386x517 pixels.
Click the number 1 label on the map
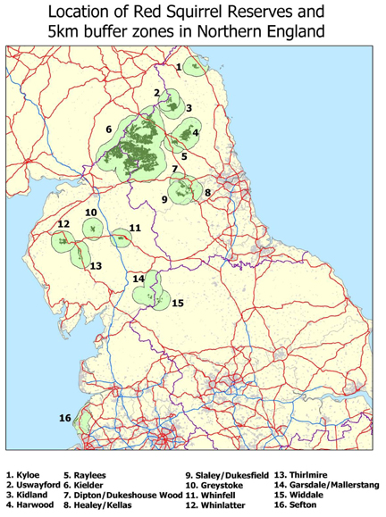click(x=179, y=67)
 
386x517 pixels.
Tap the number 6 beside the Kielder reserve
click(x=108, y=129)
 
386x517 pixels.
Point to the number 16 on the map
click(x=64, y=418)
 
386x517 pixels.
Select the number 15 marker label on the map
click(x=178, y=304)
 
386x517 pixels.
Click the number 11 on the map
click(x=135, y=229)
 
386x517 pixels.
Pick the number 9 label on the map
click(x=165, y=198)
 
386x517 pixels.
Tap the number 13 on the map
click(x=96, y=266)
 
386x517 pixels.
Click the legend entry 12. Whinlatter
click(x=215, y=506)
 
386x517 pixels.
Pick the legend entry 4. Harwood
click(x=26, y=506)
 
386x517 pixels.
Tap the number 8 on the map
click(x=207, y=192)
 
